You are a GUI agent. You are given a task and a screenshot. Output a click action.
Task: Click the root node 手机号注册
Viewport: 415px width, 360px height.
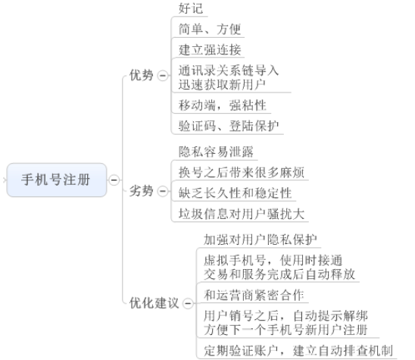click(x=57, y=180)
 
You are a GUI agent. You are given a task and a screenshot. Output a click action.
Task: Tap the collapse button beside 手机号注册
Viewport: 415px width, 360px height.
click(x=114, y=180)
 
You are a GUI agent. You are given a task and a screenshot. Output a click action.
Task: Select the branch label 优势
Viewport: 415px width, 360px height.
click(x=142, y=75)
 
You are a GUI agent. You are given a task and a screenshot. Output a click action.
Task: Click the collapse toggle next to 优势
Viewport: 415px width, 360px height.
click(x=163, y=76)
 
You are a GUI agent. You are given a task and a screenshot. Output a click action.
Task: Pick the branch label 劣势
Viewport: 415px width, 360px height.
click(x=142, y=191)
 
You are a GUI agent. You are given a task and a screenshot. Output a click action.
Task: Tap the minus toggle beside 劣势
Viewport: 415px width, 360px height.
click(x=163, y=191)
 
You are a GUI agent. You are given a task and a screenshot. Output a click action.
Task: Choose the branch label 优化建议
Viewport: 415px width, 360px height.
click(x=154, y=303)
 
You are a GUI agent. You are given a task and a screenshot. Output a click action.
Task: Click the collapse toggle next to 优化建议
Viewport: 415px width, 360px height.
click(x=188, y=303)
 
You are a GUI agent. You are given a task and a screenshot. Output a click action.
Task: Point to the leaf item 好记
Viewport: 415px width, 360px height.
click(x=191, y=8)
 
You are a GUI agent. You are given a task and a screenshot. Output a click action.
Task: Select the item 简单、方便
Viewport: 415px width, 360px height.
click(x=210, y=29)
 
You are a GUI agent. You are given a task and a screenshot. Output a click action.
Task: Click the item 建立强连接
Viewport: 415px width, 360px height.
click(x=210, y=50)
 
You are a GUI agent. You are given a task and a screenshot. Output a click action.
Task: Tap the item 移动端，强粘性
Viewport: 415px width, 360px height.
click(x=223, y=105)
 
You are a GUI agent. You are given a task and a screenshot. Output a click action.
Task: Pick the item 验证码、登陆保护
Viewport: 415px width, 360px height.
click(x=229, y=126)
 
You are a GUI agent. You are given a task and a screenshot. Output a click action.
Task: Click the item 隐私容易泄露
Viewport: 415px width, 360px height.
click(x=216, y=152)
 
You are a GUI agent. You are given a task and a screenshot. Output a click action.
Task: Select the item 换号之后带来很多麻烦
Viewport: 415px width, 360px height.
click(x=242, y=173)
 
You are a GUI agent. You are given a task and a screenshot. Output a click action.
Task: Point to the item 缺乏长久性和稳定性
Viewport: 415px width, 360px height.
click(x=235, y=193)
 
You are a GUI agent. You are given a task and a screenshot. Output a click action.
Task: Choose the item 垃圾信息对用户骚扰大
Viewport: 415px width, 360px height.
click(x=242, y=214)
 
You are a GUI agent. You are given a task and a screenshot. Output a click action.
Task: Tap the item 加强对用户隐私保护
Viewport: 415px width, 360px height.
click(x=261, y=239)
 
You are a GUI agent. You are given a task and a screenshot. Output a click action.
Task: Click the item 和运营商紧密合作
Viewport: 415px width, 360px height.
click(x=254, y=295)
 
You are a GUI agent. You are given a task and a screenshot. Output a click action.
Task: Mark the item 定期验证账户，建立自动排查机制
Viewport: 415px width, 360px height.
click(x=298, y=351)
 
